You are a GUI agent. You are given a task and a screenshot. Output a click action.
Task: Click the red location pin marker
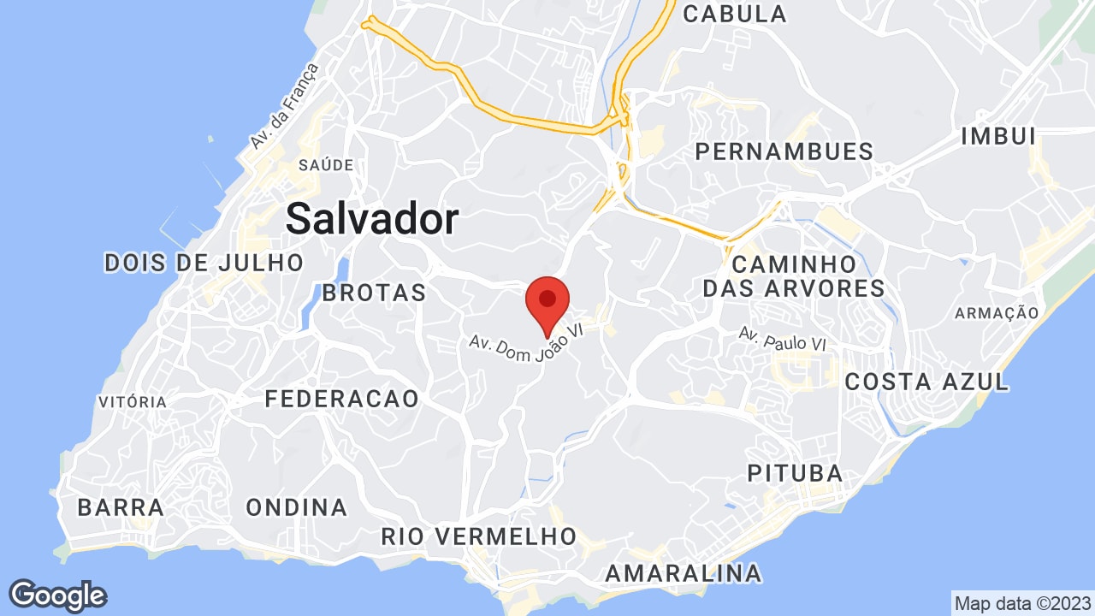pyautogui.click(x=547, y=302)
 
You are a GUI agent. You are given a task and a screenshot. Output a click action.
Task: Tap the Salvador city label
pyautogui.click(x=372, y=219)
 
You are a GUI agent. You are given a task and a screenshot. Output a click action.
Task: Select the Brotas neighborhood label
pyautogui.click(x=374, y=293)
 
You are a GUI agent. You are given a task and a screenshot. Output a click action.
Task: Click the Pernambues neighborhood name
pyautogui.click(x=784, y=152)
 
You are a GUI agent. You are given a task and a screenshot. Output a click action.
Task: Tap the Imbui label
pyautogui.click(x=998, y=136)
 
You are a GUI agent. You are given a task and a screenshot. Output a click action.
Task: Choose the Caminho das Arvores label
pyautogui.click(x=794, y=275)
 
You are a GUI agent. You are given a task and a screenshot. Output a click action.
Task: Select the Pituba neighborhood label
pyautogui.click(x=795, y=473)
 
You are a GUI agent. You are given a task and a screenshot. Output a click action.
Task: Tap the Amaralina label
pyautogui.click(x=683, y=572)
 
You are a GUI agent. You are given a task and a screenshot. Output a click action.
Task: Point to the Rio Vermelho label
pyautogui.click(x=479, y=536)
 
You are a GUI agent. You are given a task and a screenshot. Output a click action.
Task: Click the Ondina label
pyautogui.click(x=297, y=507)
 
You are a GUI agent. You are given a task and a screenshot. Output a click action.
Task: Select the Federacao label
pyautogui.click(x=342, y=399)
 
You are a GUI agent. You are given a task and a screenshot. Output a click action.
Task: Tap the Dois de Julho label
pyautogui.click(x=204, y=262)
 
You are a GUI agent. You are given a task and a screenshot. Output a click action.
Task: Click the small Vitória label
pyautogui.click(x=133, y=402)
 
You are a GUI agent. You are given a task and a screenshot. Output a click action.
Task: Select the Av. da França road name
pyautogui.click(x=284, y=107)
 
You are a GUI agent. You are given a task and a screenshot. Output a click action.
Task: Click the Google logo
pyautogui.click(x=57, y=595)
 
